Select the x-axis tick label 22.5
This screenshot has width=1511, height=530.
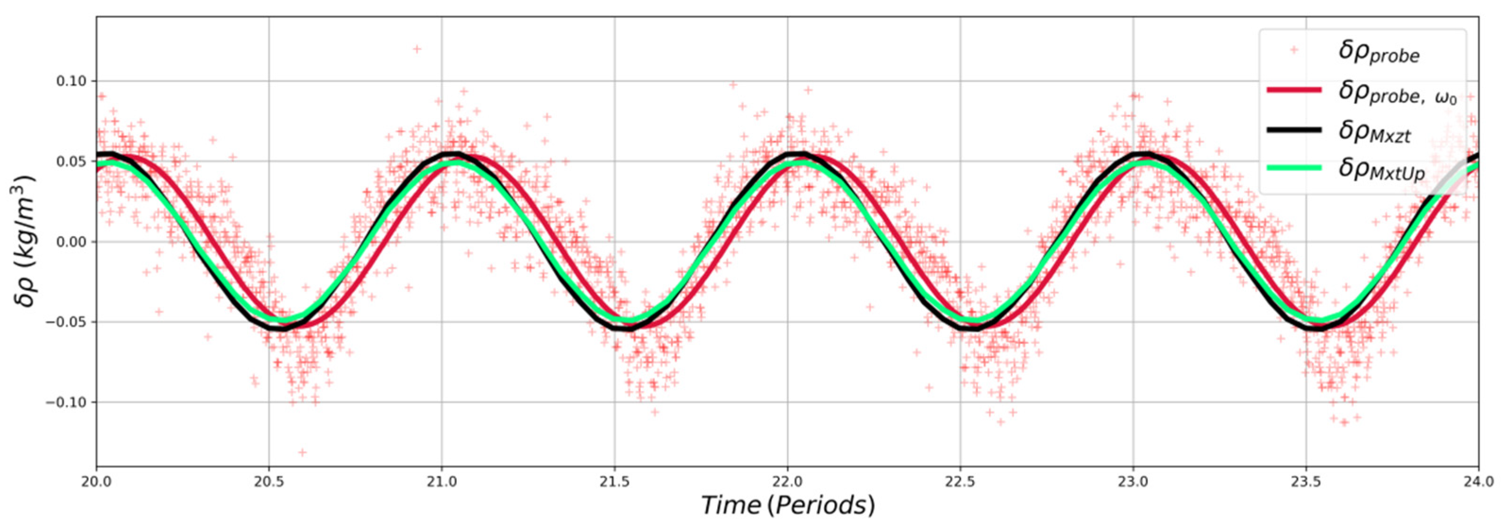[960, 482]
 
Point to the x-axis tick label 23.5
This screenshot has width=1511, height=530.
[1305, 482]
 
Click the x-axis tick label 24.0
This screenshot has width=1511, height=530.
[1477, 482]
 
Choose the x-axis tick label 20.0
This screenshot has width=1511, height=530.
[96, 482]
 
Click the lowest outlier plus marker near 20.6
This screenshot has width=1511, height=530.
[302, 453]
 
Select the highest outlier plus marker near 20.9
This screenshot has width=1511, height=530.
[417, 49]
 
